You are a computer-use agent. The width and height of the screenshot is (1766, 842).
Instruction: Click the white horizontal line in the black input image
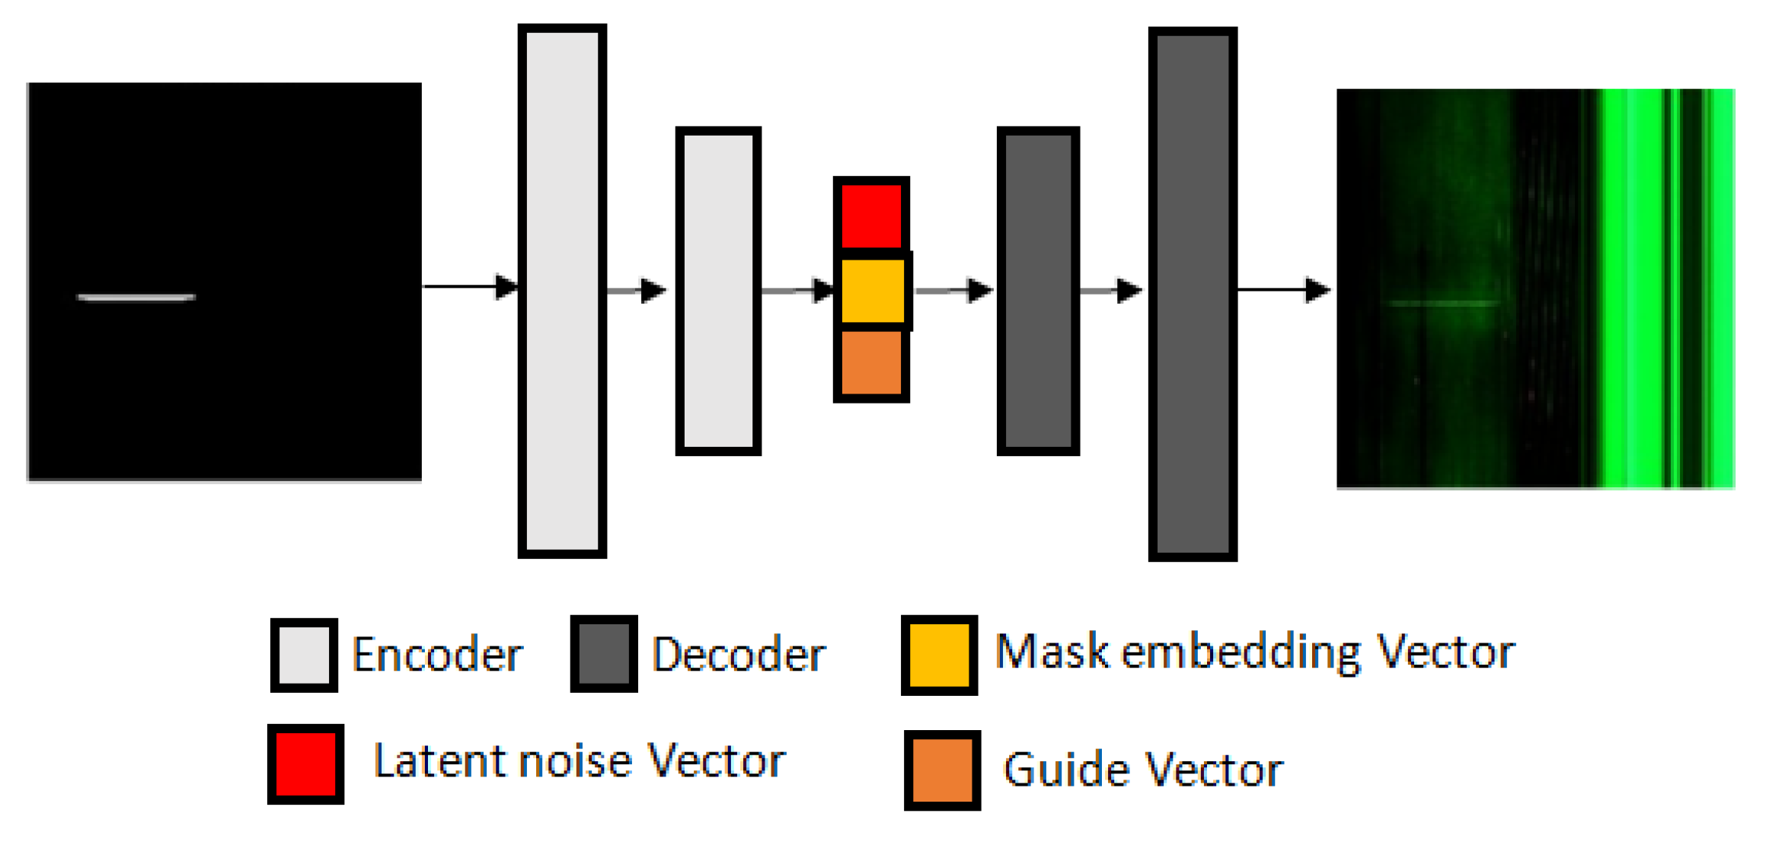pyautogui.click(x=136, y=297)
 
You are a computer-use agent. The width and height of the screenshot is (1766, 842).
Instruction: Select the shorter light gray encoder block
pyautogui.click(x=718, y=291)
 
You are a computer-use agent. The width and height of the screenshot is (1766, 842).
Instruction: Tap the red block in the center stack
pyautogui.click(x=871, y=215)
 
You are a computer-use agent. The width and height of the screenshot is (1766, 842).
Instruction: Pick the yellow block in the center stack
pyautogui.click(x=873, y=290)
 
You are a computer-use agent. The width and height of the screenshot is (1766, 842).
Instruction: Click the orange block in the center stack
pyautogui.click(x=871, y=362)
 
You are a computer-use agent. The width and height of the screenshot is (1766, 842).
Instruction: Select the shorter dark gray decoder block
pyautogui.click(x=1038, y=291)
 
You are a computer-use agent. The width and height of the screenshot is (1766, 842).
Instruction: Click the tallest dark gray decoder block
pyautogui.click(x=1192, y=294)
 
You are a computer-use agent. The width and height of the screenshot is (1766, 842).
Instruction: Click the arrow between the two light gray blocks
pyautogui.click(x=637, y=290)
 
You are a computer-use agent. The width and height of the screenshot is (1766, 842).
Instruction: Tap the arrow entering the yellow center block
pyautogui.click(x=797, y=290)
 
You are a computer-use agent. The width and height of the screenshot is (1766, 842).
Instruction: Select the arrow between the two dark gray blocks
pyautogui.click(x=1110, y=290)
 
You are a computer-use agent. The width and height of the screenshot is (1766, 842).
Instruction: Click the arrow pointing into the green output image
pyautogui.click(x=1283, y=289)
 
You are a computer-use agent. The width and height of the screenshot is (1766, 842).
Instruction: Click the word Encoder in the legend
pyautogui.click(x=437, y=655)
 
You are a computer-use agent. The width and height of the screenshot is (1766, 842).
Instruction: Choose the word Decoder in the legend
pyautogui.click(x=738, y=655)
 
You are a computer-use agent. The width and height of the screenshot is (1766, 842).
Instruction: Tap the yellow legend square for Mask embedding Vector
pyautogui.click(x=939, y=655)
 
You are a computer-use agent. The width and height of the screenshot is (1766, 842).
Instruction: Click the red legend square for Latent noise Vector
pyautogui.click(x=305, y=764)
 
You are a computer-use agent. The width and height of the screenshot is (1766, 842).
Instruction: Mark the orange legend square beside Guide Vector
pyautogui.click(x=942, y=770)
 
